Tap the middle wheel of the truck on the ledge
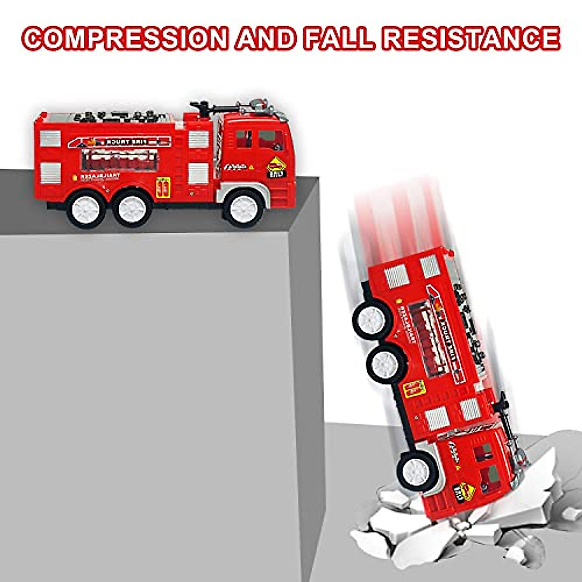tap(132, 208)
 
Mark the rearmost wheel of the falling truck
tap(372, 320)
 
